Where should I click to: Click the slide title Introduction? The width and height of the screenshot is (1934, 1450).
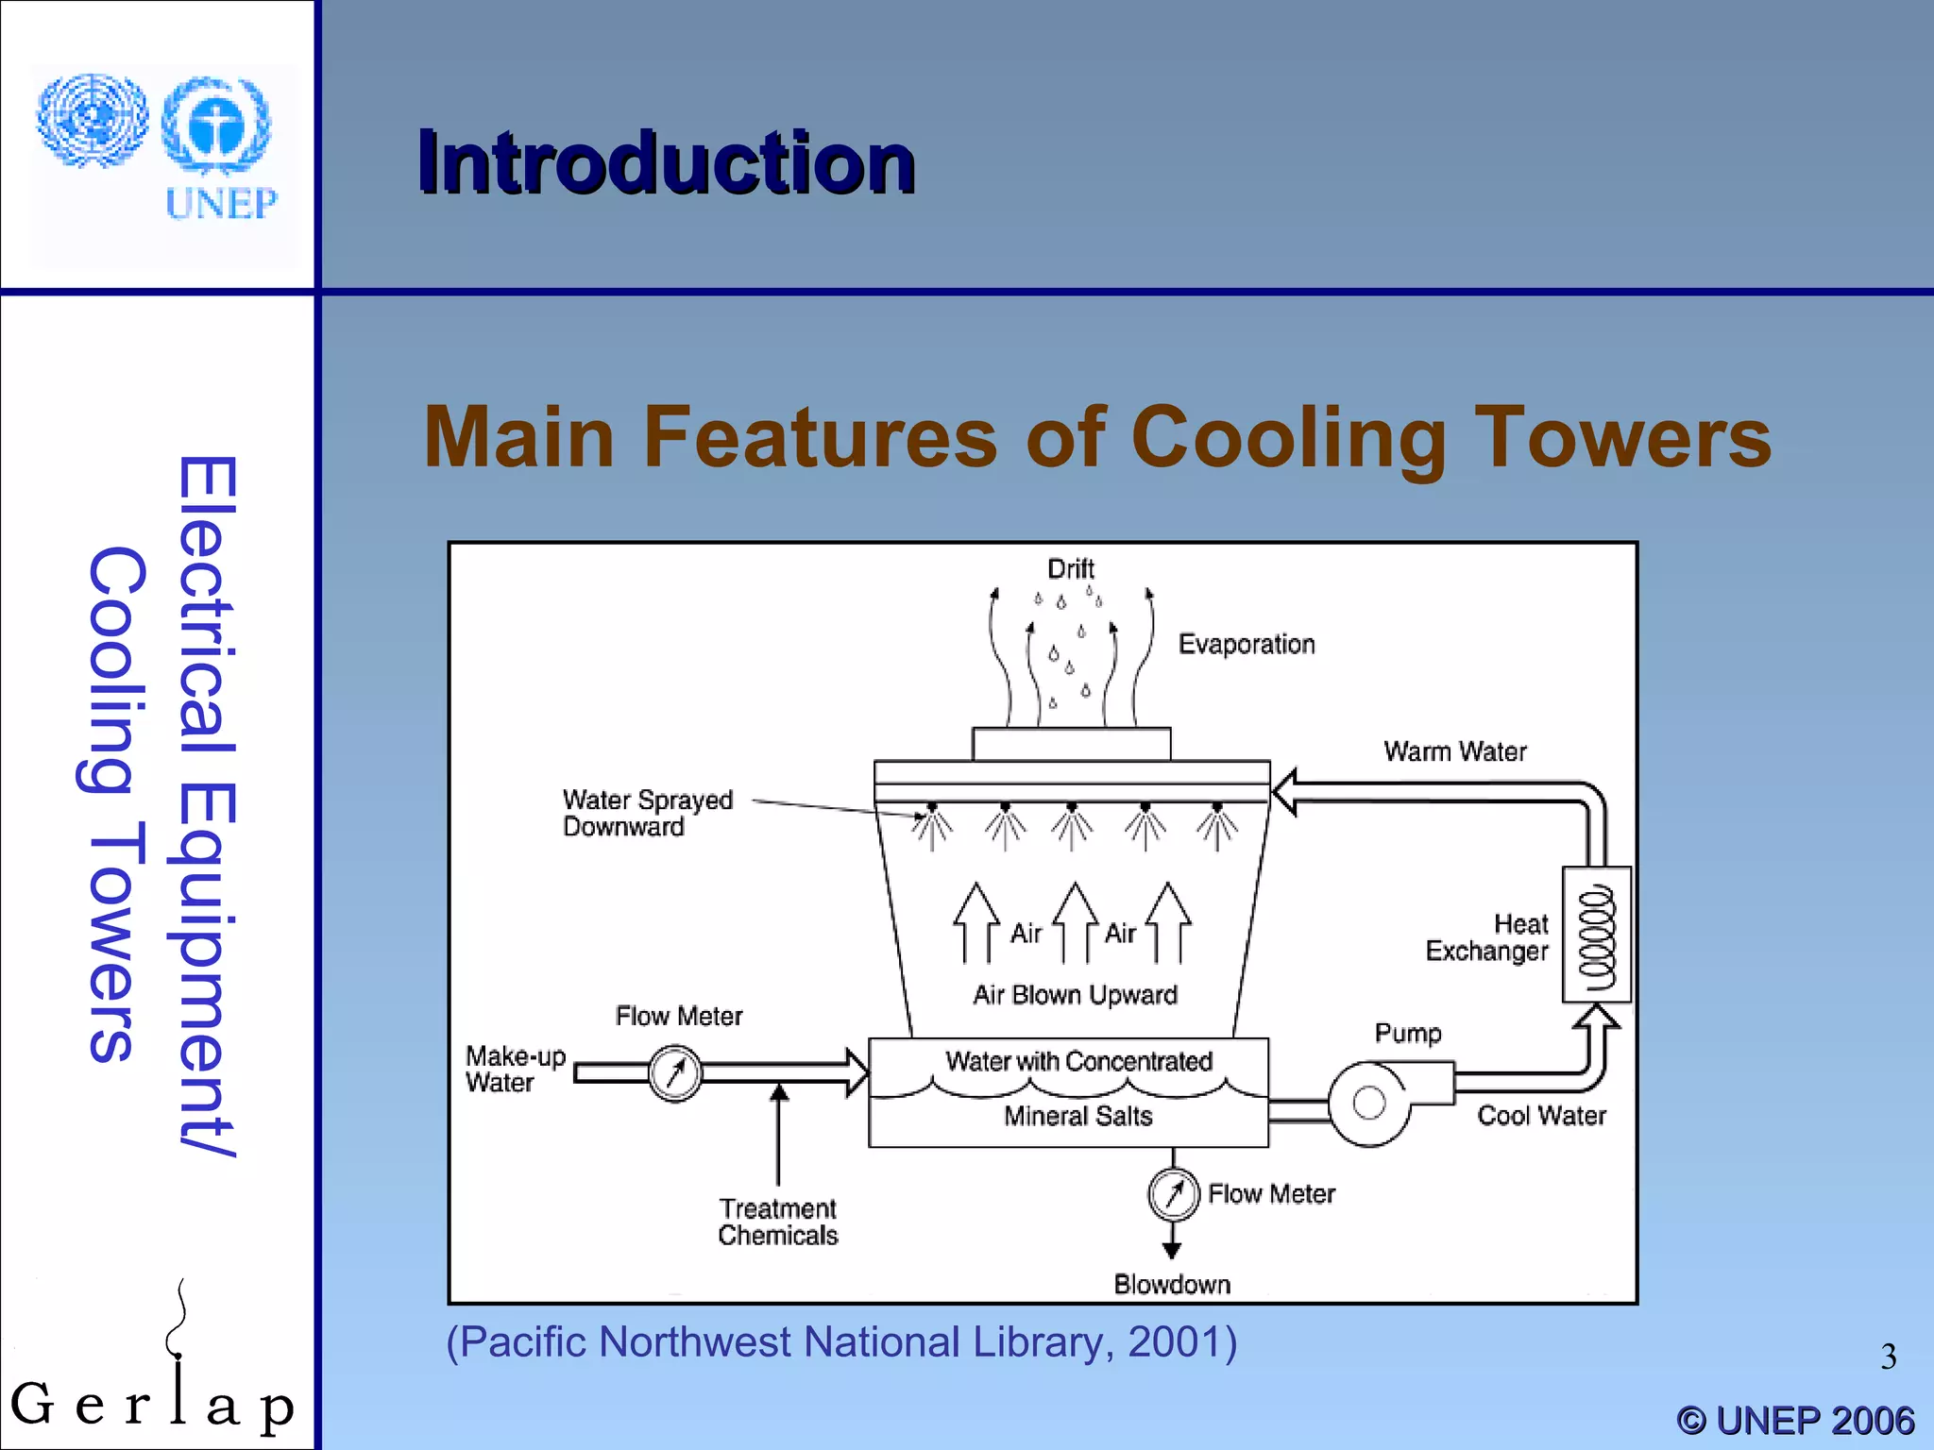click(x=666, y=162)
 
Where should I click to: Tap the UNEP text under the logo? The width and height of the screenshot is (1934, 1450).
click(x=221, y=203)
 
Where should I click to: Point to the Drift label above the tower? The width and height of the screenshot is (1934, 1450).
click(x=1070, y=568)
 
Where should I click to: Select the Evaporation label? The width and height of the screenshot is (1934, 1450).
click(x=1246, y=644)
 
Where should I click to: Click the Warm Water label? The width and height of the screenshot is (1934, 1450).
click(x=1454, y=751)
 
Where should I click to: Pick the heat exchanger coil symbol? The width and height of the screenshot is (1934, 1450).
click(x=1596, y=935)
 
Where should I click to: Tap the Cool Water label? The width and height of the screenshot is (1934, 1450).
click(x=1541, y=1116)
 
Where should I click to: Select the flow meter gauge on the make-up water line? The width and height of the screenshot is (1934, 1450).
click(x=675, y=1073)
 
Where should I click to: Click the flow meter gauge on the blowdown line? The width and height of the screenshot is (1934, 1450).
click(x=1173, y=1194)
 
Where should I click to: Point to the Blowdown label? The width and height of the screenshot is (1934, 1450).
click(x=1172, y=1284)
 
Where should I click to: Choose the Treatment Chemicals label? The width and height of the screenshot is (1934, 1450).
click(x=777, y=1222)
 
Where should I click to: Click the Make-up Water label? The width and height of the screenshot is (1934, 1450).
click(x=515, y=1069)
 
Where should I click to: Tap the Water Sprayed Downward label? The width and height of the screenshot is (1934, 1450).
click(x=647, y=813)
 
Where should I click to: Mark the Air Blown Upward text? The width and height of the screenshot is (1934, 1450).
click(x=1075, y=995)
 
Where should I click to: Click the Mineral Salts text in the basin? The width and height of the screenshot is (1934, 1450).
click(x=1077, y=1116)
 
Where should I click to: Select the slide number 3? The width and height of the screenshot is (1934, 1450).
click(x=1888, y=1357)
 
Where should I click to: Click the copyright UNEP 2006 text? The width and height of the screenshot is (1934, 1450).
click(x=1795, y=1421)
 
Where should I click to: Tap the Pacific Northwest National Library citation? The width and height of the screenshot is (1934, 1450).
click(x=840, y=1341)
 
